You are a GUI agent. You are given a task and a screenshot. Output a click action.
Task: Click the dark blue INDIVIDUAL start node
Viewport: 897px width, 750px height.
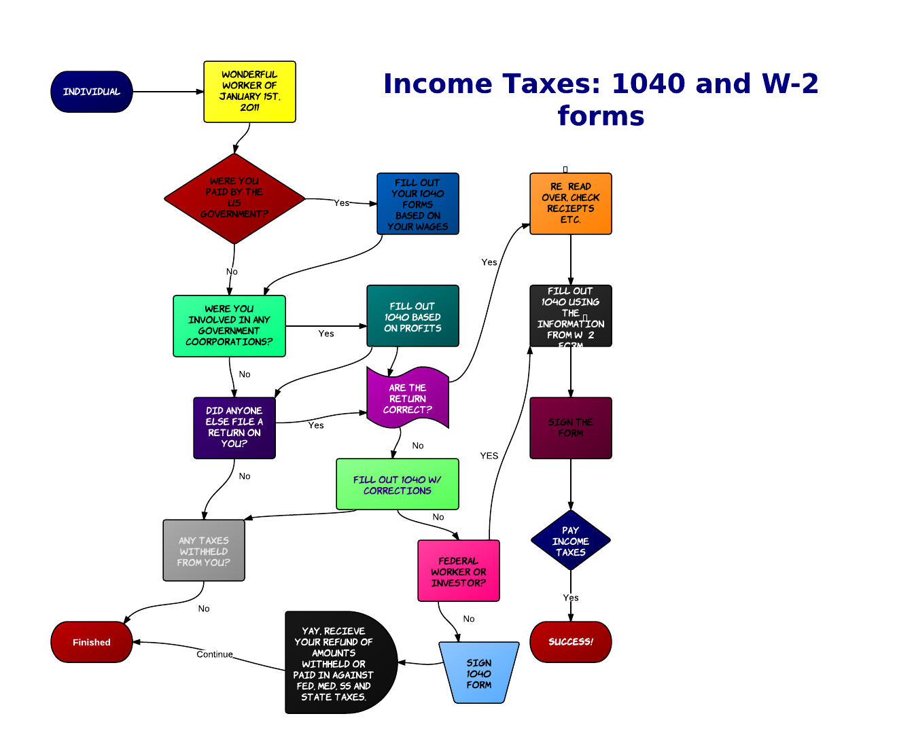(92, 92)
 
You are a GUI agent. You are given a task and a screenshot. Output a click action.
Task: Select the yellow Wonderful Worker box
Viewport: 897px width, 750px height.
(249, 92)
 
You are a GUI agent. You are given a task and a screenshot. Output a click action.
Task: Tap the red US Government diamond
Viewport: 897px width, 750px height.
(234, 198)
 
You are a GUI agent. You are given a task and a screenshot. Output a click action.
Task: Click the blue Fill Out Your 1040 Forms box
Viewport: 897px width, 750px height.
(418, 204)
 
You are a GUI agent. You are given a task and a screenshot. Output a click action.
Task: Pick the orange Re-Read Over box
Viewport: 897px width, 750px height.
(571, 203)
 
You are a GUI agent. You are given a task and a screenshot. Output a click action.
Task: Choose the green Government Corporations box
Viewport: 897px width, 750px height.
(229, 326)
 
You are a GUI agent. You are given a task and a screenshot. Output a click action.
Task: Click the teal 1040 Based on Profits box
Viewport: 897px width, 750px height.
(412, 317)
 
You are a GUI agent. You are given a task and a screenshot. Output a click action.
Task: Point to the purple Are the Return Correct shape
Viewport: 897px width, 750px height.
(408, 399)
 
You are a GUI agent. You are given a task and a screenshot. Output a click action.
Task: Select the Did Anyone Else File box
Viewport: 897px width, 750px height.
(234, 428)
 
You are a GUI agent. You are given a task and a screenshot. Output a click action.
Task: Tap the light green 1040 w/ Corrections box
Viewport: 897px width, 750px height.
(398, 484)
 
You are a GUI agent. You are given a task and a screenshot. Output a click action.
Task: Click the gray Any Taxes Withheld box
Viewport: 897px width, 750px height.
(204, 551)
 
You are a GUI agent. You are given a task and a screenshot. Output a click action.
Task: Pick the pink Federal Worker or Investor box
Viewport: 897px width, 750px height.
(459, 571)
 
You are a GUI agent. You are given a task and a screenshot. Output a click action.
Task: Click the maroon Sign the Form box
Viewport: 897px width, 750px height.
(571, 428)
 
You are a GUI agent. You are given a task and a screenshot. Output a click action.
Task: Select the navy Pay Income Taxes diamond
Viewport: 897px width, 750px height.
(571, 541)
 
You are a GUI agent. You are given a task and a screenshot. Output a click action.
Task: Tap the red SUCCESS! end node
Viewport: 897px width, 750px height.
(571, 642)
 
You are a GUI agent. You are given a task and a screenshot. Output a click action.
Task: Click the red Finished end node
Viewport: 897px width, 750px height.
(92, 642)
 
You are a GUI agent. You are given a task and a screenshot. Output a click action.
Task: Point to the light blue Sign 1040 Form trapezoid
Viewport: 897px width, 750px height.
(479, 673)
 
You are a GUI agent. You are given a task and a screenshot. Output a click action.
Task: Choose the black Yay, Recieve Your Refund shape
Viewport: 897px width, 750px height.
(336, 663)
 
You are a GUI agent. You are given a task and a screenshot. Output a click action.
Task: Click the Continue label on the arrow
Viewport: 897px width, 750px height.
(215, 654)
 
